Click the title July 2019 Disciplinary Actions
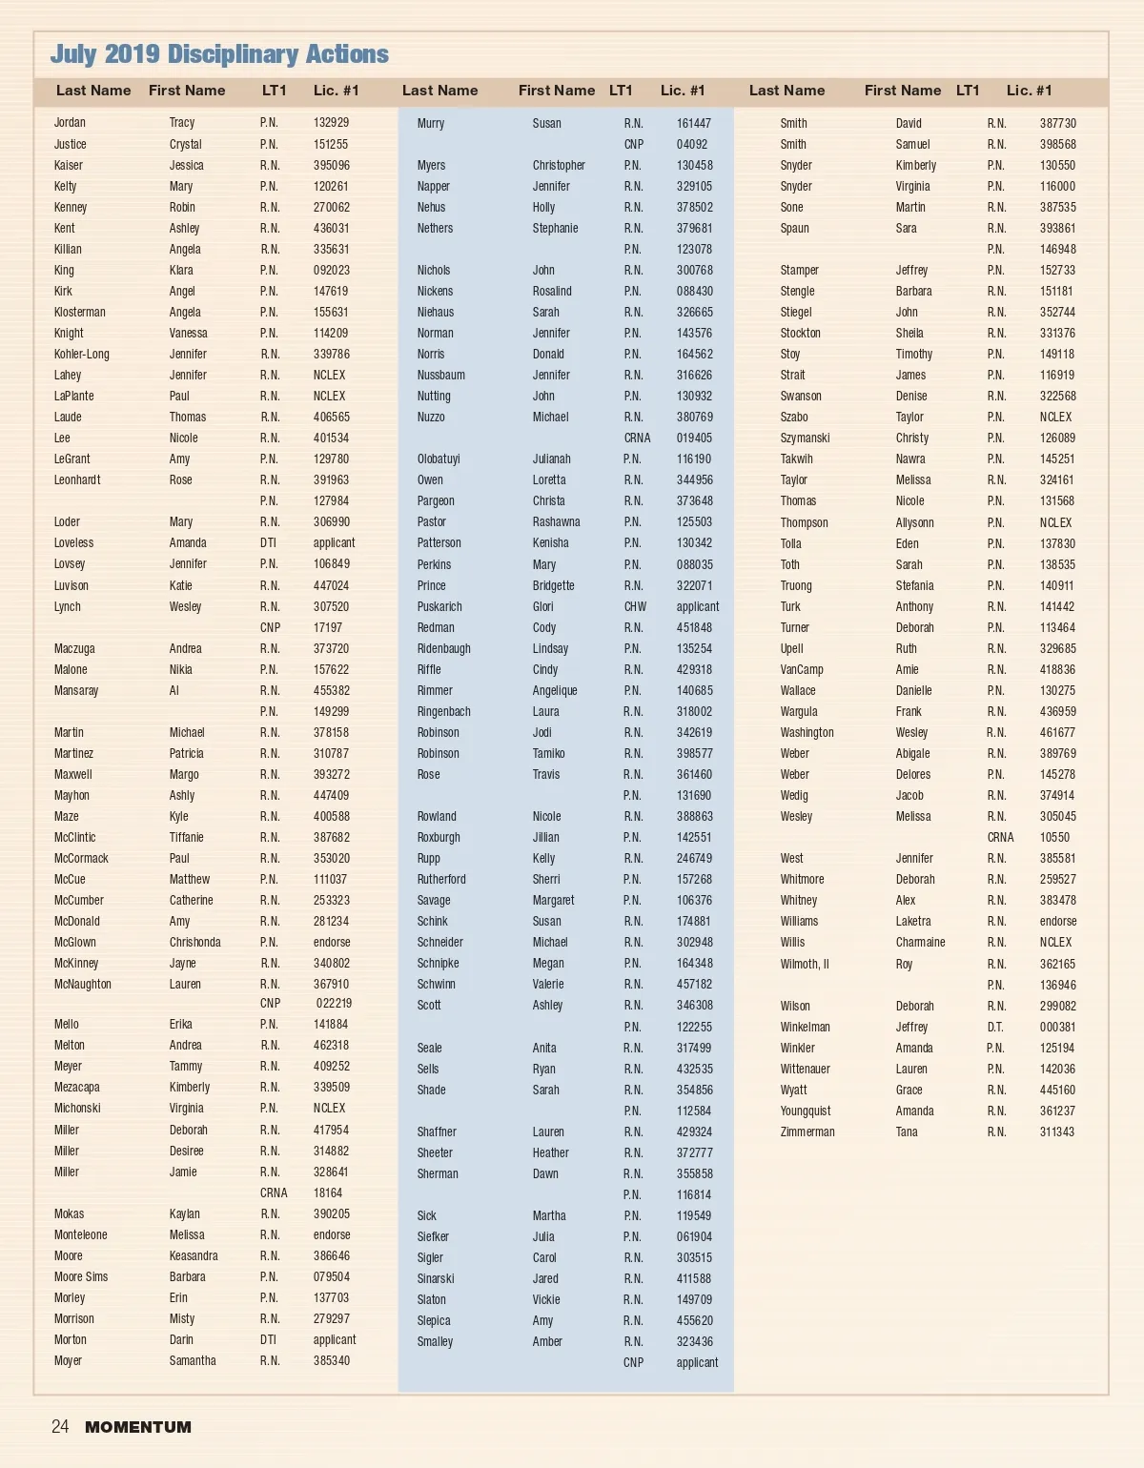[219, 54]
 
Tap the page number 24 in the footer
[60, 1426]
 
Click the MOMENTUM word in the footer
[138, 1427]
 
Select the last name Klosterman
[80, 312]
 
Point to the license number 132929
[331, 123]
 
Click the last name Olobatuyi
[439, 459]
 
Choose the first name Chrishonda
[194, 942]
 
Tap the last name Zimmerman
[807, 1132]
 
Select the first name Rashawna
[556, 521]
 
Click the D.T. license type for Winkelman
[995, 1027]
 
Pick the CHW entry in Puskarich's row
[635, 606]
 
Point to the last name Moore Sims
[81, 1276]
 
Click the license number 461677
[1057, 732]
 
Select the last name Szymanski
[805, 438]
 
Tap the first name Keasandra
[194, 1255]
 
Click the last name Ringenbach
[443, 711]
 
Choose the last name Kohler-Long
[82, 354]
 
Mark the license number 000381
[1057, 1027]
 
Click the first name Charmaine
[920, 942]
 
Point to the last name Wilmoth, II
[805, 964]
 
